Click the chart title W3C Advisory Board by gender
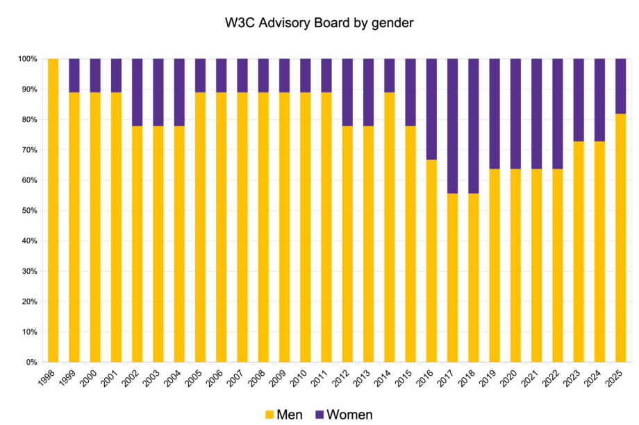pyautogui.click(x=319, y=23)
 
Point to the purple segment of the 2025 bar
pyautogui.click(x=621, y=86)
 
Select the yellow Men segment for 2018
pyautogui.click(x=474, y=277)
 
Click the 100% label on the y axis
pyautogui.click(x=26, y=59)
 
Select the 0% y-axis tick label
pyautogui.click(x=31, y=363)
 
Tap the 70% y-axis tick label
pyautogui.click(x=28, y=150)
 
